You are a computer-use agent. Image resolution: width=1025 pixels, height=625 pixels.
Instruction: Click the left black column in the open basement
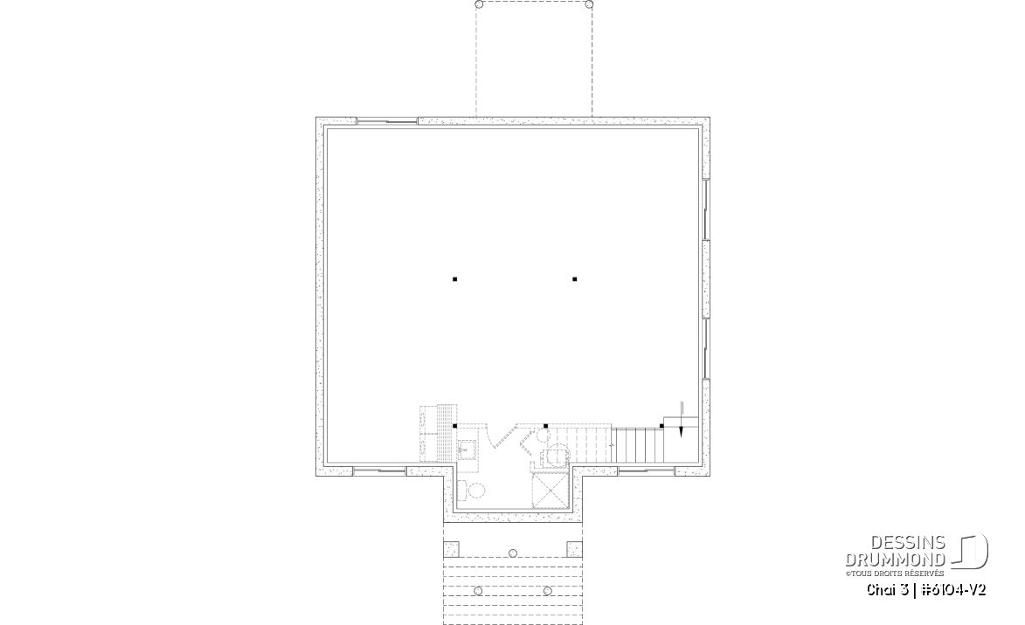(455, 279)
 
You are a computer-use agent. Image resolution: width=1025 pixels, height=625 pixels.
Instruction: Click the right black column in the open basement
(575, 279)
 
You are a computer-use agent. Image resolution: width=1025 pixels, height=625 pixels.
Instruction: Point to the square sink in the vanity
(467, 450)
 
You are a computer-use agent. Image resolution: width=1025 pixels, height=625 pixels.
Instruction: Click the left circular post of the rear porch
(479, 4)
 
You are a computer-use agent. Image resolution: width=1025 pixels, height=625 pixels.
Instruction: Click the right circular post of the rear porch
(589, 4)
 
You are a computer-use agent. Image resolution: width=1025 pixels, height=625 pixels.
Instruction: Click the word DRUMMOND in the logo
(896, 559)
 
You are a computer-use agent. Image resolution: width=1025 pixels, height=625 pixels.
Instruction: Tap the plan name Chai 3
(888, 590)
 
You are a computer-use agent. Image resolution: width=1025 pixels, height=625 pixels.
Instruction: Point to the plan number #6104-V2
(953, 590)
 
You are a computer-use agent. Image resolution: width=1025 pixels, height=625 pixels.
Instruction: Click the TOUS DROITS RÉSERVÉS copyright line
(895, 573)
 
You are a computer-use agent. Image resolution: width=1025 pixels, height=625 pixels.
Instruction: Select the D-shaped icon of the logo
(970, 552)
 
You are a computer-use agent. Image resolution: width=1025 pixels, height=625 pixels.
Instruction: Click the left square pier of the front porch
(452, 548)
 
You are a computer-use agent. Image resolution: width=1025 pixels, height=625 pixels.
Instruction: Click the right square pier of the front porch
(575, 548)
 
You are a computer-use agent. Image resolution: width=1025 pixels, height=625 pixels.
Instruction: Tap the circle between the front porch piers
(513, 553)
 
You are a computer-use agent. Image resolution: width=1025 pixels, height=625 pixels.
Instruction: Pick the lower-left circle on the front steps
(478, 591)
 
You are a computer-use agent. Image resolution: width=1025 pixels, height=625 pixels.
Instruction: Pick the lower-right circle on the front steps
(547, 591)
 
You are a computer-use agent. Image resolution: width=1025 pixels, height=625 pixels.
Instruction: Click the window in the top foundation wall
(387, 120)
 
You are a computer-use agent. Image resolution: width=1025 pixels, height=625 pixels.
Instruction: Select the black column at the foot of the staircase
(661, 427)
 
